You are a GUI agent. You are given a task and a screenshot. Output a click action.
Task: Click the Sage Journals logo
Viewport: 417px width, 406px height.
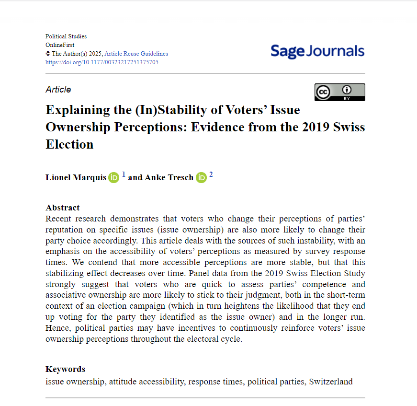(317, 51)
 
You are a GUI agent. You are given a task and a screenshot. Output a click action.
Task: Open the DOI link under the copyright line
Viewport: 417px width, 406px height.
(102, 62)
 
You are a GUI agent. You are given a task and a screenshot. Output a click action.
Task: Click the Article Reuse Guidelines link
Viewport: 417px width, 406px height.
(136, 54)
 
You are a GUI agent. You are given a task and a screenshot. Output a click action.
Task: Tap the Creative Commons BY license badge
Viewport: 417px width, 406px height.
(339, 92)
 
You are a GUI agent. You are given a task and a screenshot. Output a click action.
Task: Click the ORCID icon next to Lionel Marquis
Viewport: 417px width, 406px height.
(113, 177)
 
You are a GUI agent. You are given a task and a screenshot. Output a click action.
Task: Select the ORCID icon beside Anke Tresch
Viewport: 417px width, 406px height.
(201, 177)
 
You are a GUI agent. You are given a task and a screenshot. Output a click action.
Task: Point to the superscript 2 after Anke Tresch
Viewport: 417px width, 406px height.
(211, 175)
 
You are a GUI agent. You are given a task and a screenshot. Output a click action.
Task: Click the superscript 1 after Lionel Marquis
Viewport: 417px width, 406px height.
(124, 175)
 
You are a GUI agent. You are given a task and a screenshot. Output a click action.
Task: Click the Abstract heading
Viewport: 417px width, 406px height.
(63, 208)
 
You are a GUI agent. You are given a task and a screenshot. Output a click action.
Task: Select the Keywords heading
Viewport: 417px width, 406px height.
(65, 369)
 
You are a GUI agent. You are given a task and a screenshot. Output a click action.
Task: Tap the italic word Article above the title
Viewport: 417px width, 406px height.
(58, 90)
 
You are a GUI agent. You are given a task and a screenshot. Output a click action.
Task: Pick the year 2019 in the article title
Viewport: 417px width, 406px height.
(316, 127)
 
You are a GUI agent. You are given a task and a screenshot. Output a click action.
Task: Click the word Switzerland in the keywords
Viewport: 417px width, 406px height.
(330, 382)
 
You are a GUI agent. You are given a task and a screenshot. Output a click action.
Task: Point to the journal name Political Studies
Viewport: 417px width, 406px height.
(66, 36)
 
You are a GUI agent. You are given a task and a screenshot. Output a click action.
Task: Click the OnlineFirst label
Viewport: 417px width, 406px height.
(60, 45)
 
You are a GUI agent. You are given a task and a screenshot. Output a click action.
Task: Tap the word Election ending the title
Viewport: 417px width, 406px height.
(69, 144)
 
